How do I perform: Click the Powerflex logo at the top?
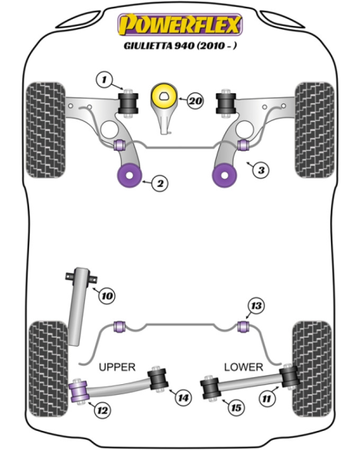point(180,24)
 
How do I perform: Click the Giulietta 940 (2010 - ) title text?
point(181,46)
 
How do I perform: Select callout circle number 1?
point(104,80)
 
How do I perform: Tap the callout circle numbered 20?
point(195,101)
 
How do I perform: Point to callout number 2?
point(160,183)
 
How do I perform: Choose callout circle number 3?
point(261,170)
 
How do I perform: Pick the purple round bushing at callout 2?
point(130,175)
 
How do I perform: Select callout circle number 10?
point(107,295)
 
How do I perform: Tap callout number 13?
point(256,306)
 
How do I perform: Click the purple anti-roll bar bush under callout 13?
point(244,327)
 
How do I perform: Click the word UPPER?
point(117,367)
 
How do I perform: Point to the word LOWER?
point(244,367)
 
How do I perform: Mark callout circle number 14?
point(183,397)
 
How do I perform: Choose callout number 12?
point(103,410)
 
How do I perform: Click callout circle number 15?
point(236,407)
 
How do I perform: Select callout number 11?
point(267,398)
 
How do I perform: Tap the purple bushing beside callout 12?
point(79,392)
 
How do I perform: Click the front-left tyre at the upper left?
point(46,130)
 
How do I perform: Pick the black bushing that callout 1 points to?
point(128,103)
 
